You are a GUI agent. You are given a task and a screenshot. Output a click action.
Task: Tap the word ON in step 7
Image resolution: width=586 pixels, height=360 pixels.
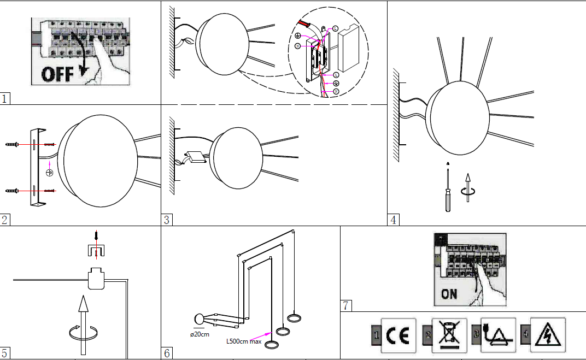[x=449, y=294]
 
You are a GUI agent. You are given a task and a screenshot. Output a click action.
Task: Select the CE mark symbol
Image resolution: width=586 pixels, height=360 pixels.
[x=398, y=335]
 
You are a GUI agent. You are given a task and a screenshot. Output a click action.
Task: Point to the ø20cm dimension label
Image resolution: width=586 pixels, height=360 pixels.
[x=200, y=334]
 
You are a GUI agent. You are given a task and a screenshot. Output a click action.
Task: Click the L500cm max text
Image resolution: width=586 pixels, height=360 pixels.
[x=244, y=342]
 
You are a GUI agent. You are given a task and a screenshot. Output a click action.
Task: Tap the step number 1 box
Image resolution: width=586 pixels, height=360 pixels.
[x=5, y=99]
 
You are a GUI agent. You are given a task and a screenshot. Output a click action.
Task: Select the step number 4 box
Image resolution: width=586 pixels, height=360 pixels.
[x=393, y=220]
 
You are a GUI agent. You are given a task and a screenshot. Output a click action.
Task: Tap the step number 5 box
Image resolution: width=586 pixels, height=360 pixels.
[x=5, y=353]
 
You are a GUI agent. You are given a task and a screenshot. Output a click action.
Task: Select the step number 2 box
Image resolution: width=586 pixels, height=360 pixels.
[x=5, y=220]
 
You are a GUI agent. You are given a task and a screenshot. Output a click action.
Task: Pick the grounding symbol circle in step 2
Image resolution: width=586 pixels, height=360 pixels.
[x=49, y=173]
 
